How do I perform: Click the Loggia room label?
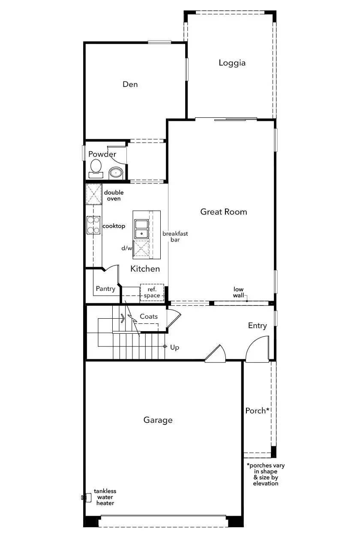click(232, 63)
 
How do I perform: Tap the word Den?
click(130, 84)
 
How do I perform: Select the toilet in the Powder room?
click(96, 169)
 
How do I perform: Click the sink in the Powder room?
click(116, 173)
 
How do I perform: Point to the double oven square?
click(94, 194)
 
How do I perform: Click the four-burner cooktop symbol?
click(93, 225)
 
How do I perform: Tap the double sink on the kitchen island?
click(141, 229)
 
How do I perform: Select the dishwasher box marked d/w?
click(141, 248)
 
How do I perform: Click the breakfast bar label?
click(175, 236)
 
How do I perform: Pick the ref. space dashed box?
click(152, 293)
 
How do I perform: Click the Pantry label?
click(105, 289)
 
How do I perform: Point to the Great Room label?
click(224, 212)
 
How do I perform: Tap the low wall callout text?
click(238, 292)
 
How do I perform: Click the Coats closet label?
click(149, 317)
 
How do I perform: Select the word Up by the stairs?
click(175, 347)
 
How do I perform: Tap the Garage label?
click(158, 420)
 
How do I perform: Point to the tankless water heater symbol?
click(86, 498)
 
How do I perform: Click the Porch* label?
click(257, 411)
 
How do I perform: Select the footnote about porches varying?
click(266, 474)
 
